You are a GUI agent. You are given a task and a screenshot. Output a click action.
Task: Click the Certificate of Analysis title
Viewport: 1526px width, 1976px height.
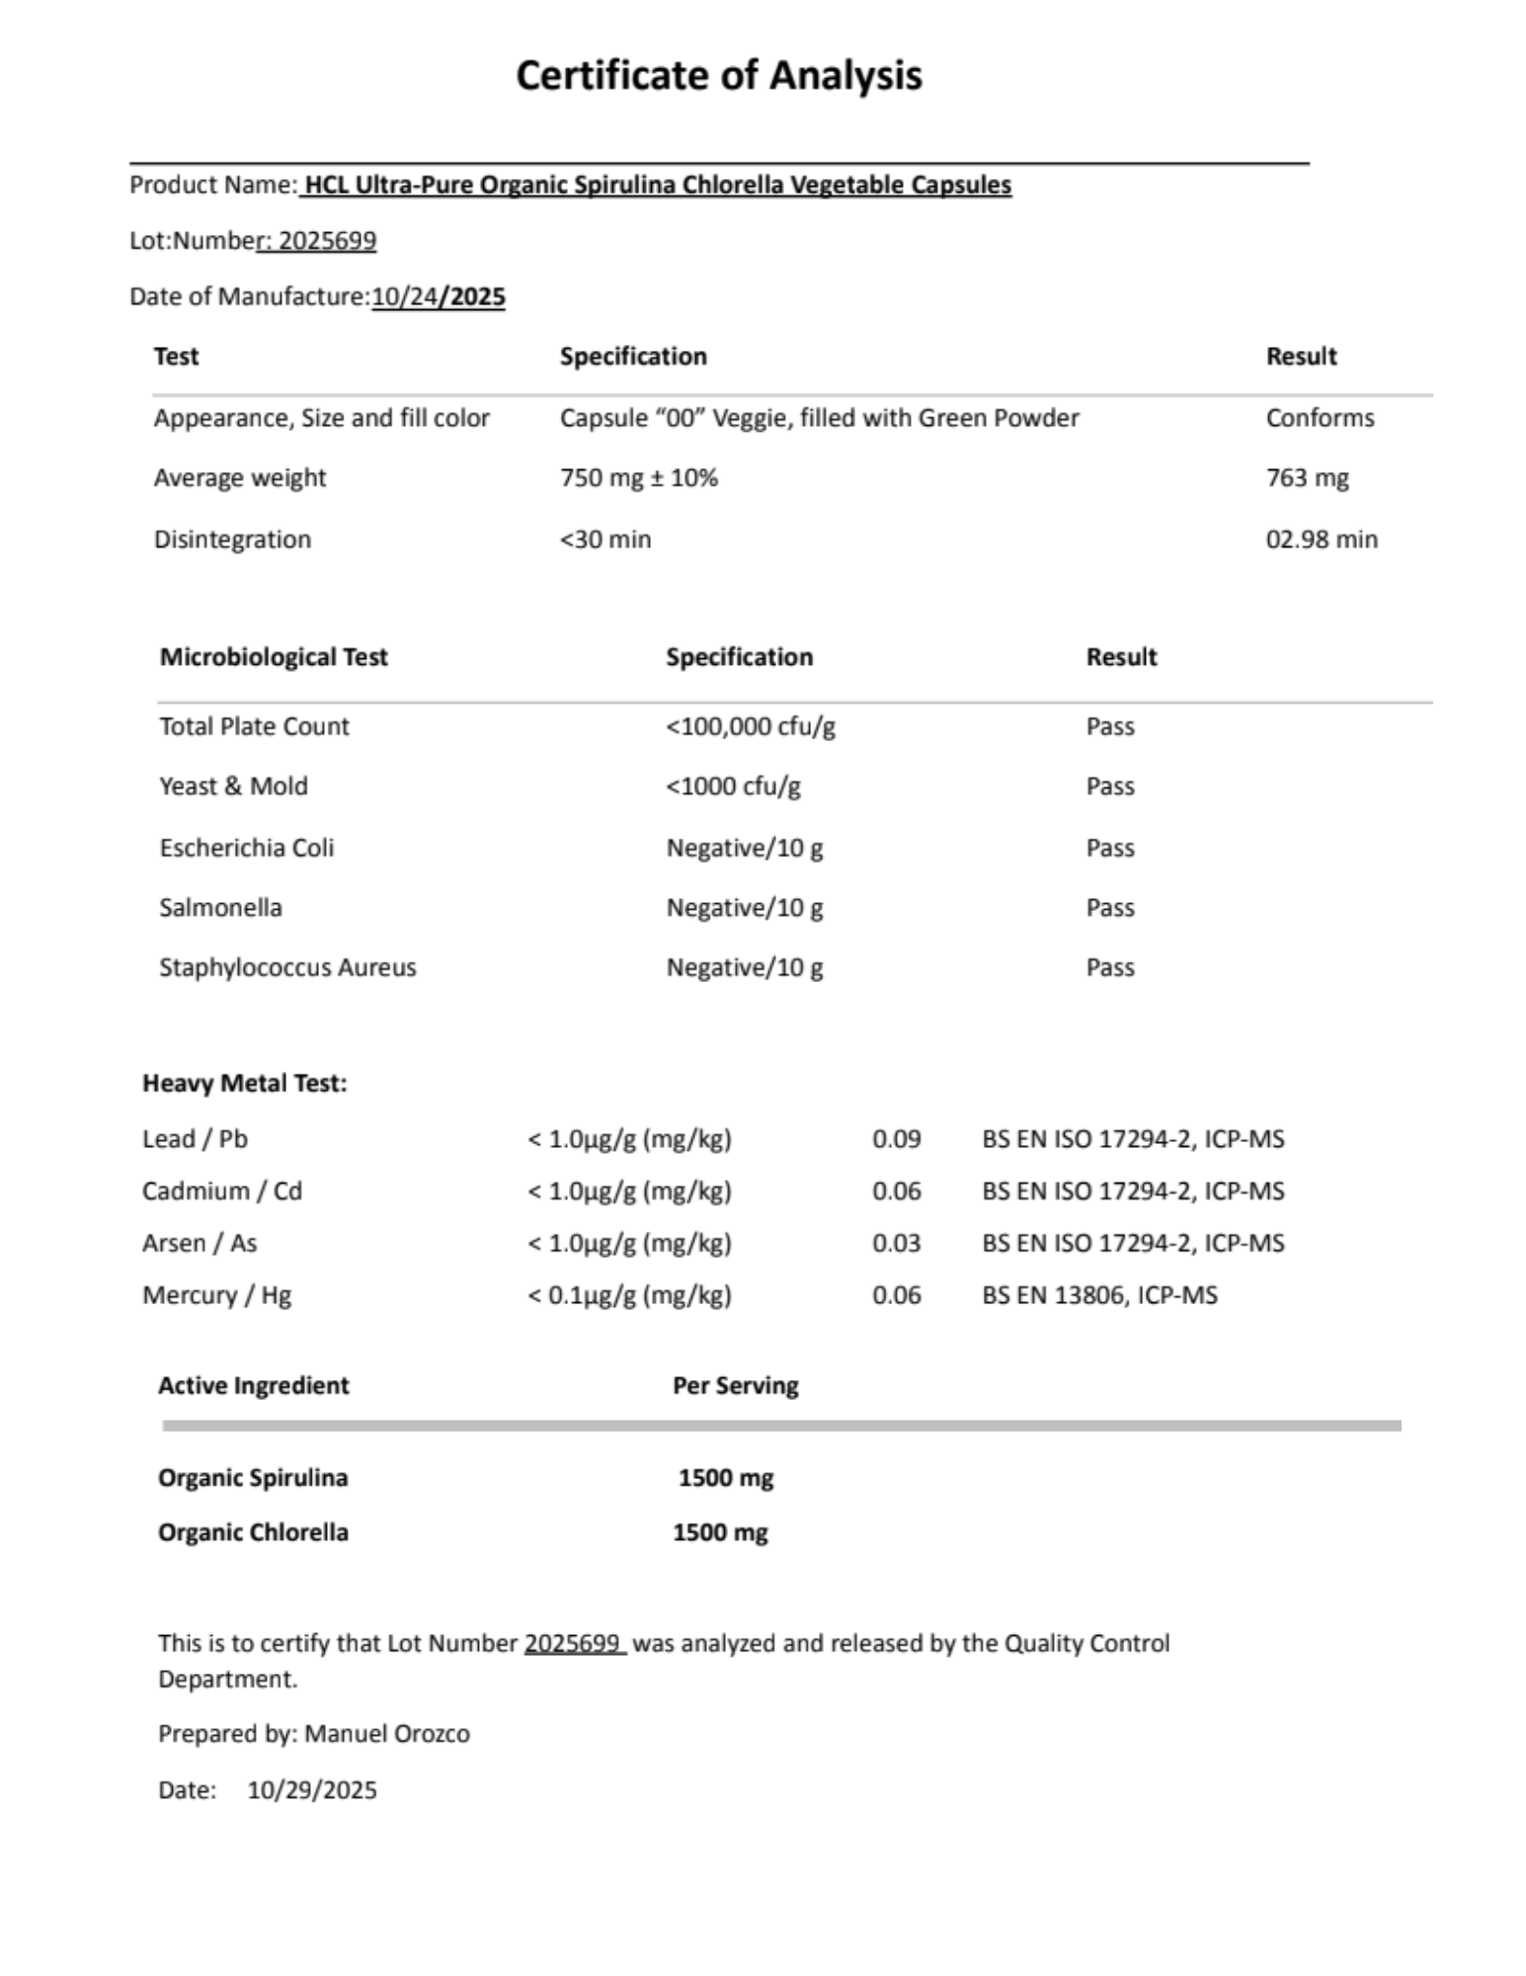(718, 76)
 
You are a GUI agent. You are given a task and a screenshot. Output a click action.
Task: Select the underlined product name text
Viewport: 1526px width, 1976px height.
(657, 185)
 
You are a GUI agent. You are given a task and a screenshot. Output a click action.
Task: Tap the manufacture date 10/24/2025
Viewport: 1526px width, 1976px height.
(438, 296)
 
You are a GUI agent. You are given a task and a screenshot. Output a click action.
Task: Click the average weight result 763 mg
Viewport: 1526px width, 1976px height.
(1306, 478)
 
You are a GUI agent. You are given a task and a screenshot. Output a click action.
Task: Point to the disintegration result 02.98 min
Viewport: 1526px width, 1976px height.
(1321, 539)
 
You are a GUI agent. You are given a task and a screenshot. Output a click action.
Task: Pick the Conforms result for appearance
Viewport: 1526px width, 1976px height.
(1319, 418)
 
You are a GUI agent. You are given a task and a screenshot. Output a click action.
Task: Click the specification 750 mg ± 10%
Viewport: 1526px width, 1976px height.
(638, 478)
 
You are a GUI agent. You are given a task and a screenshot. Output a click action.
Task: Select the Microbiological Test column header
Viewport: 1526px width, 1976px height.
(274, 657)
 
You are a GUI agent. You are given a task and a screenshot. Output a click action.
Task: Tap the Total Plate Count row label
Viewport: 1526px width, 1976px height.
(254, 726)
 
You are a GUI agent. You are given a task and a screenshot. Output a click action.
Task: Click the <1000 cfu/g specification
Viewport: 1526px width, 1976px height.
(733, 786)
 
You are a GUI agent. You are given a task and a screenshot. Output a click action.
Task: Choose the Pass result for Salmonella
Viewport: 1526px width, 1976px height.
(1109, 907)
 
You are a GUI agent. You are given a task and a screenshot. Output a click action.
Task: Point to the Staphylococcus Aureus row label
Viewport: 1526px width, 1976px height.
(287, 967)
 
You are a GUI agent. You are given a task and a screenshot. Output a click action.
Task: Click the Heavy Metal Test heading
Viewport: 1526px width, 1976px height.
(244, 1083)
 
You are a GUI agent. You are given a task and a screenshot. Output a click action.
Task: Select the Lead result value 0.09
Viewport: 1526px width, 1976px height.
(896, 1139)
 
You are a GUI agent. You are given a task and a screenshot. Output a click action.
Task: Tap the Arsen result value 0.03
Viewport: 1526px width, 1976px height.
(896, 1243)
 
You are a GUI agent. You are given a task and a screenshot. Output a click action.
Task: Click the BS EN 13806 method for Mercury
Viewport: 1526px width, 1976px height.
(1098, 1295)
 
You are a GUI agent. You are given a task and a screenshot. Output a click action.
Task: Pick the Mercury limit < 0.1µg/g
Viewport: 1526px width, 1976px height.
(629, 1295)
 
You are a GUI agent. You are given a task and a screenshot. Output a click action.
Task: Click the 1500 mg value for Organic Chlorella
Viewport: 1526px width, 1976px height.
(720, 1532)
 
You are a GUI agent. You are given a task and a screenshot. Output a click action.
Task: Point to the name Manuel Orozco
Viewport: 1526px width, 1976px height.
(386, 1734)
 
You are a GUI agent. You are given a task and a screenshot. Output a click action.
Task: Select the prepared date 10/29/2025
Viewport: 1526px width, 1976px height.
(312, 1790)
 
